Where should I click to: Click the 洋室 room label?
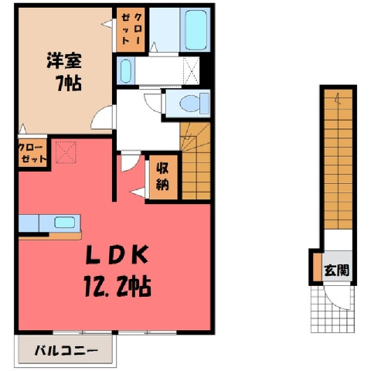click(x=64, y=61)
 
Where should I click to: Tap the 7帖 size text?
click(x=69, y=83)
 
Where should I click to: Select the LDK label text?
click(x=117, y=254)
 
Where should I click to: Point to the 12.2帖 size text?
click(x=117, y=285)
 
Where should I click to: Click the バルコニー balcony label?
click(x=66, y=351)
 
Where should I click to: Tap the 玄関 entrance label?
click(x=337, y=271)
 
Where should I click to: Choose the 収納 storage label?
click(x=163, y=177)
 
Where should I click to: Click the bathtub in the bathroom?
click(x=196, y=29)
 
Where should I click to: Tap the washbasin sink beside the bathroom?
click(x=126, y=71)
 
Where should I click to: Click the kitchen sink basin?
click(x=65, y=223)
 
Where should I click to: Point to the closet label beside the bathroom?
click(x=131, y=29)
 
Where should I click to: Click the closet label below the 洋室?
click(x=33, y=154)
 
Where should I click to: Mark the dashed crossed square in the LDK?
click(x=66, y=152)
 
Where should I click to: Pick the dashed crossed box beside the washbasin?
click(x=191, y=70)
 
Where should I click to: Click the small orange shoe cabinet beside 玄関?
click(x=318, y=267)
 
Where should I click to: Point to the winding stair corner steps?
click(x=195, y=137)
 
